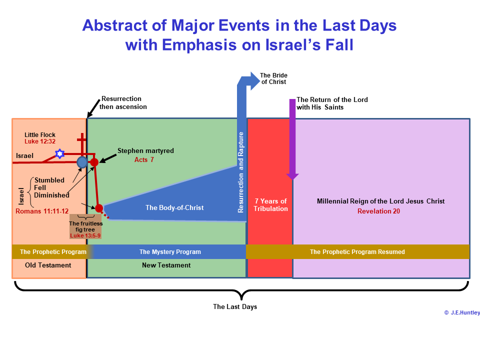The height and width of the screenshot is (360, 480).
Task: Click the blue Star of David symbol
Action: (x=59, y=153)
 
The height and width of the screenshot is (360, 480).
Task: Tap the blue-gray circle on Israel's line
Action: (x=82, y=162)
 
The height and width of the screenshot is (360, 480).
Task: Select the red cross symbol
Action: (x=81, y=143)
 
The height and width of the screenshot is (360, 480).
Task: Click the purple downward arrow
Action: (x=292, y=139)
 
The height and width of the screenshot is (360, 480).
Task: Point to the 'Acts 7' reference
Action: (x=144, y=160)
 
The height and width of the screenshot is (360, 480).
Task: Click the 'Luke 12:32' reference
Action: (x=40, y=141)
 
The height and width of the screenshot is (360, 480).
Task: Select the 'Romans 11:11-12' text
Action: (x=42, y=211)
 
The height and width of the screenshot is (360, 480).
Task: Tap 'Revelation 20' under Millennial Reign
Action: (x=378, y=211)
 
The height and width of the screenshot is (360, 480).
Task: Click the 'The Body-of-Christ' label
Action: (x=174, y=208)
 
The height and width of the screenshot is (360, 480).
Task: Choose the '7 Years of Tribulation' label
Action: (x=270, y=205)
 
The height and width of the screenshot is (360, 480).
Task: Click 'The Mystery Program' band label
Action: (x=170, y=252)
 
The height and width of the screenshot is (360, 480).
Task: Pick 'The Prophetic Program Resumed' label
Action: (x=357, y=252)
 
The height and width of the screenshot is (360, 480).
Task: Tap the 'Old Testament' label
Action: (x=48, y=265)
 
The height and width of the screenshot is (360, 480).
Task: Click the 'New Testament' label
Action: (x=166, y=265)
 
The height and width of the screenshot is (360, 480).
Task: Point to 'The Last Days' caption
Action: (x=235, y=306)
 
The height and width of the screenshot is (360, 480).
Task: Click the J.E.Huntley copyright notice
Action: (x=462, y=312)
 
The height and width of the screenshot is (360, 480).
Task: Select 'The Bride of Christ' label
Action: (x=273, y=78)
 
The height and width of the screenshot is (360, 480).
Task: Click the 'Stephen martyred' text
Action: (x=145, y=151)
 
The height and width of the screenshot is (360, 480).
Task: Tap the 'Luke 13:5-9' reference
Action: (x=85, y=235)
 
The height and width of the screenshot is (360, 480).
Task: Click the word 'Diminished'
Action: (x=51, y=195)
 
